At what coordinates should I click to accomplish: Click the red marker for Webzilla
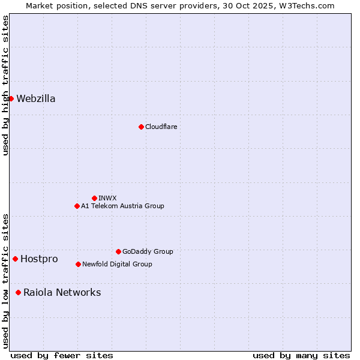point(11,98)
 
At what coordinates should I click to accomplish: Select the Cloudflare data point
point(141,127)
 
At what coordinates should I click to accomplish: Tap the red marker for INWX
point(94,198)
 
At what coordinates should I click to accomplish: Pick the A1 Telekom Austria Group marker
point(77,206)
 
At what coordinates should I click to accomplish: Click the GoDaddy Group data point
point(118,251)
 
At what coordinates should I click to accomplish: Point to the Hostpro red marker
point(15,259)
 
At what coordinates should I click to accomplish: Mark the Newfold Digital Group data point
point(78,264)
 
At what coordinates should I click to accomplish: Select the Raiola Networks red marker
point(18,292)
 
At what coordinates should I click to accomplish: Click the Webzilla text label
point(36,99)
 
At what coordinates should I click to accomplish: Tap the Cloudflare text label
point(161,127)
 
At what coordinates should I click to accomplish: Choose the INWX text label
point(107,198)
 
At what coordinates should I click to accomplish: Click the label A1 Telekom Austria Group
point(122,206)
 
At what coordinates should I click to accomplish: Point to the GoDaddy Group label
point(148,251)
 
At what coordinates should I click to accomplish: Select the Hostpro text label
point(39,259)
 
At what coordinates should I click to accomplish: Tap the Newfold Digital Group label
point(117,264)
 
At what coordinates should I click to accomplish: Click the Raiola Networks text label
point(62,293)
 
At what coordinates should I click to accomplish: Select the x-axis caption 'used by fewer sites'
point(62,355)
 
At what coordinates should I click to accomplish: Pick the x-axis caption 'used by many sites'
point(301,355)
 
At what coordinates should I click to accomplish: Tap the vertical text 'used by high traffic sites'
point(5,85)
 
